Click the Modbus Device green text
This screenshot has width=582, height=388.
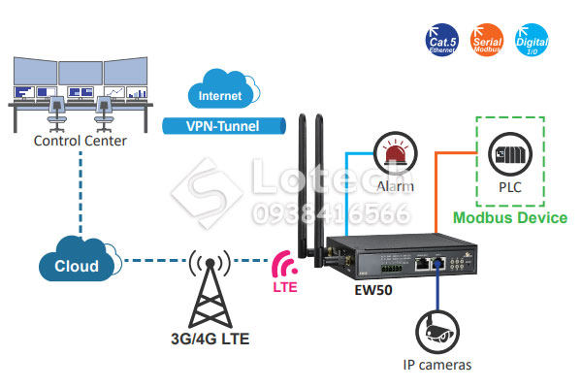tap(510, 218)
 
